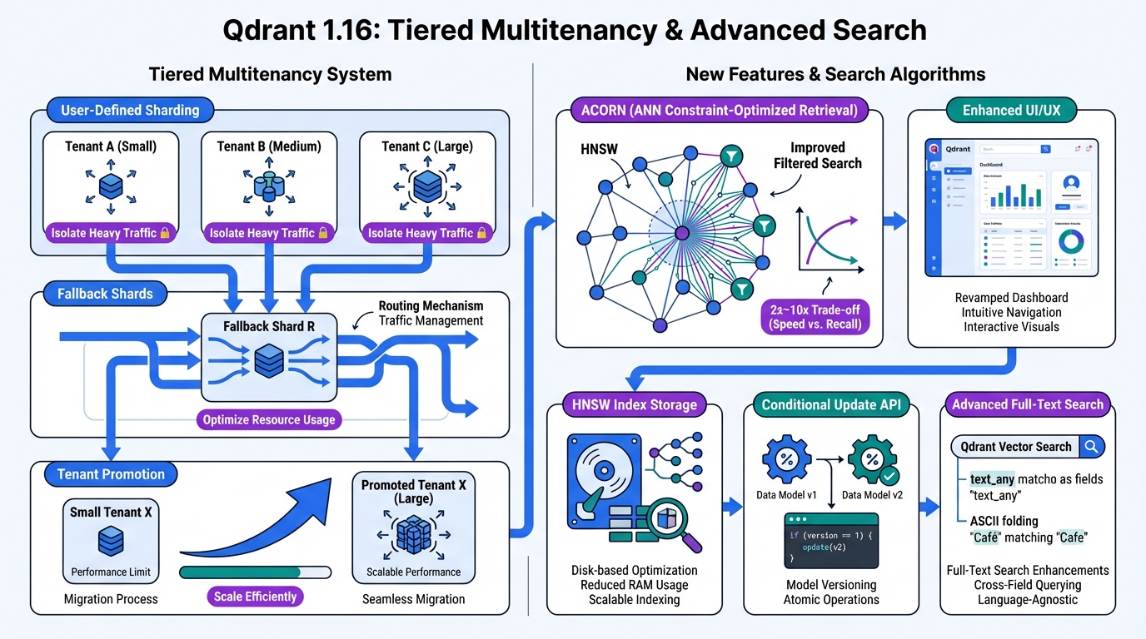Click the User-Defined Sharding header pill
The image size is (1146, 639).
point(129,110)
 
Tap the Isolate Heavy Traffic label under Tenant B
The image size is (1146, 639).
point(269,233)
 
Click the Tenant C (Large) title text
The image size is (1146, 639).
point(426,146)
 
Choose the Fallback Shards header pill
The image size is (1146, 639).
point(105,294)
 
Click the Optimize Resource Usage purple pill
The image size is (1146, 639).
point(269,419)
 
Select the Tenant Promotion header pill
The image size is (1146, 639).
point(111,474)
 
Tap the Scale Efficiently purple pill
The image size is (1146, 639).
point(255,597)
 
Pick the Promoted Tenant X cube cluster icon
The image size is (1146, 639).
point(413,536)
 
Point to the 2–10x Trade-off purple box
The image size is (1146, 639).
point(815,315)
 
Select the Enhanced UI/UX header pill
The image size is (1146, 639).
point(1011,110)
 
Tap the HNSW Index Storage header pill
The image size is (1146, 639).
point(634,405)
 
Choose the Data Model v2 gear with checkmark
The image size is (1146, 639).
point(872,461)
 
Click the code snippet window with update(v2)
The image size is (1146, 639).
point(831,540)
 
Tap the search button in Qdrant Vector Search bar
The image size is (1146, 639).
point(1091,447)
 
